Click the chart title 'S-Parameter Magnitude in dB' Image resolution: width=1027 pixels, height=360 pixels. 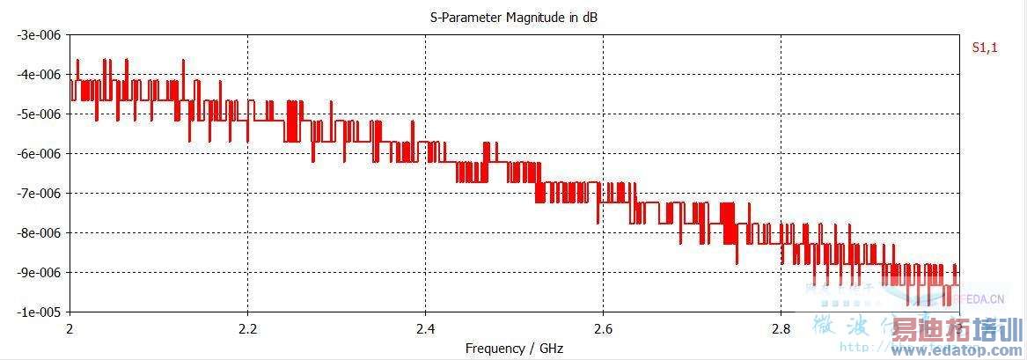click(514, 18)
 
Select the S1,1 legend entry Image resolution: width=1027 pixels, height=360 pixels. click(984, 48)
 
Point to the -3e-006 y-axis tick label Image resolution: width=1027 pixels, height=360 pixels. click(36, 35)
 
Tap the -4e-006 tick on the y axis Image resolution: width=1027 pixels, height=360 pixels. click(36, 75)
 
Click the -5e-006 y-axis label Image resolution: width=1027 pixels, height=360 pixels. click(36, 114)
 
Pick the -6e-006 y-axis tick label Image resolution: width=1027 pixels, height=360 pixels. click(36, 154)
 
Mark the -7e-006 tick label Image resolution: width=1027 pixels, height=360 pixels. click(36, 194)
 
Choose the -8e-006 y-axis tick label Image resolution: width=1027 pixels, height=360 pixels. click(36, 233)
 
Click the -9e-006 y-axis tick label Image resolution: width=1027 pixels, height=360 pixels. click(36, 273)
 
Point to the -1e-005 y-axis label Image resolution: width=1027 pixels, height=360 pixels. click(36, 312)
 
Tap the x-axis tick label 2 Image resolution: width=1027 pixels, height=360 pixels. click(70, 328)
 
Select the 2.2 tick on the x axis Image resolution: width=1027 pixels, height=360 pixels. click(248, 328)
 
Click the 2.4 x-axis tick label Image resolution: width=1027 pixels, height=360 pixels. click(425, 328)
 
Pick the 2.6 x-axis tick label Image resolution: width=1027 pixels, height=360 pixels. click(603, 328)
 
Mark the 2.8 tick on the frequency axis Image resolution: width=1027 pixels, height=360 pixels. click(780, 328)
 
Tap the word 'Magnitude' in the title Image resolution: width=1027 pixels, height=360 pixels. click(532, 18)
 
